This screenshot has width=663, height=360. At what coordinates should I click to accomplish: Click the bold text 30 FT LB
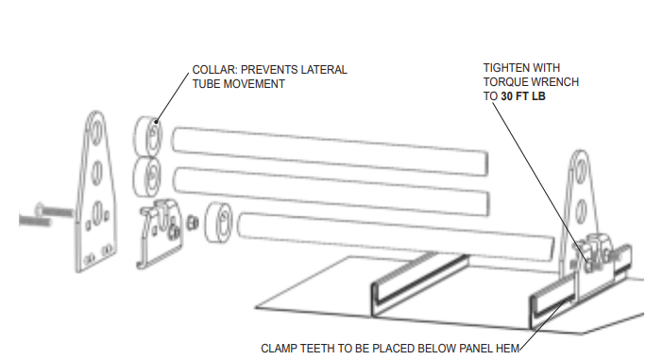pyautogui.click(x=523, y=96)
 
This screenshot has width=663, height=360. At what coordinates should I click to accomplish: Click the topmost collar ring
pyautogui.click(x=147, y=137)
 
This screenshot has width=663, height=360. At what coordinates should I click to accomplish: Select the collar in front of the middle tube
pyautogui.click(x=146, y=177)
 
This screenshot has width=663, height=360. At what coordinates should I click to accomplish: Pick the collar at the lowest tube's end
pyautogui.click(x=218, y=222)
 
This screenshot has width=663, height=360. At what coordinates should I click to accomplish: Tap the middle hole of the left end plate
pyautogui.click(x=97, y=171)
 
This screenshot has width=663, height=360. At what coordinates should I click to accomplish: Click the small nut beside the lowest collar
pyautogui.click(x=193, y=222)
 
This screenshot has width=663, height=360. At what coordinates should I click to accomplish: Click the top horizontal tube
pyautogui.click(x=330, y=150)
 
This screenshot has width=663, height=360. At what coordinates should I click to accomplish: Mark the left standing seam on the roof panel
pyautogui.click(x=419, y=284)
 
